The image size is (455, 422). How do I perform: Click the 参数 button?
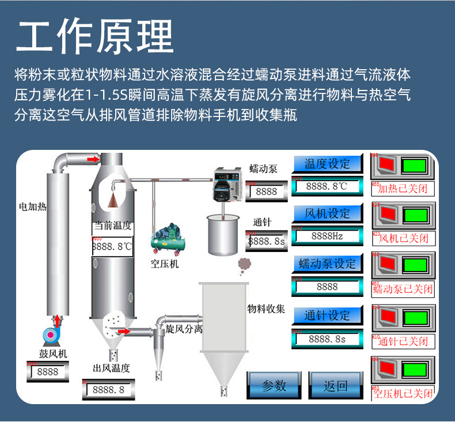tap(274, 386)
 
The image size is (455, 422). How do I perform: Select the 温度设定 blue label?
tap(327, 164)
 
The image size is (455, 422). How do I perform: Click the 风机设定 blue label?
tap(327, 214)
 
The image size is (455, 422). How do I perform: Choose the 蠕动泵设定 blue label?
tap(327, 264)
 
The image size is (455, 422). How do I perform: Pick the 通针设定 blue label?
tap(327, 315)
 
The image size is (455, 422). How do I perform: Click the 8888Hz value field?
tap(327, 236)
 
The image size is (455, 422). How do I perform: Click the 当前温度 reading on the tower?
tap(112, 246)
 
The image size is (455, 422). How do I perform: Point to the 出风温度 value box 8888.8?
tap(108, 390)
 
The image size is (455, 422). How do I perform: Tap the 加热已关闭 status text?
tap(403, 189)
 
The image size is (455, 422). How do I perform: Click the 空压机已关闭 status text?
tap(403, 394)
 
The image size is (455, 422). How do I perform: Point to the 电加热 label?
tap(33, 206)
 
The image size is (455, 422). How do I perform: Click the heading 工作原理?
tap(96, 37)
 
